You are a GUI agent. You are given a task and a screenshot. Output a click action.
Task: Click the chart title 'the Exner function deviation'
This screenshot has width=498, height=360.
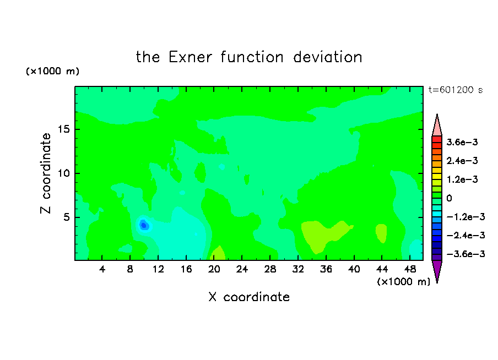[x=249, y=57]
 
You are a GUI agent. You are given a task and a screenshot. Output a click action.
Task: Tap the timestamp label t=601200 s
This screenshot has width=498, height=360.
[x=456, y=90]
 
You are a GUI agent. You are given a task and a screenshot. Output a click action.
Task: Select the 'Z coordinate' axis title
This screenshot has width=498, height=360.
[x=45, y=173]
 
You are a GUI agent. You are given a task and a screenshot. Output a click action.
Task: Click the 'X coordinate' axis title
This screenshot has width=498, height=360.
[x=249, y=297]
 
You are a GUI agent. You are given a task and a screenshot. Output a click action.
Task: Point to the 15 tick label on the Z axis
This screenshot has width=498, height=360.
[x=63, y=129]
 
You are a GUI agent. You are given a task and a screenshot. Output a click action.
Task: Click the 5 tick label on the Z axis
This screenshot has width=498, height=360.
[x=66, y=217]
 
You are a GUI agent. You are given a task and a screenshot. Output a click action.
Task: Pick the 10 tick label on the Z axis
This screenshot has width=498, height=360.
[x=63, y=173]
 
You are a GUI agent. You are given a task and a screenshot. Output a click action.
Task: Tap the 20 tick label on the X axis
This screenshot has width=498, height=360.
[x=214, y=269]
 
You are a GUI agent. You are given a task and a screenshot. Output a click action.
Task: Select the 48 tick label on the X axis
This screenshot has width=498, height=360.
[x=410, y=269]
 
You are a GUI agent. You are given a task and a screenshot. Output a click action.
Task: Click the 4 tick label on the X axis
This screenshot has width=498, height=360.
[x=102, y=269]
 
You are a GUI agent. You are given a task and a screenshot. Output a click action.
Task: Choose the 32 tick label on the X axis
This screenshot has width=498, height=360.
[x=298, y=269]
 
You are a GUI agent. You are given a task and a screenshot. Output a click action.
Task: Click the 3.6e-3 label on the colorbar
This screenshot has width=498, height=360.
[x=462, y=142]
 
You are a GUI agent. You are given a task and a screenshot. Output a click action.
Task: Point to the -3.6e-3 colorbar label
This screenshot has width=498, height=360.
[x=465, y=254]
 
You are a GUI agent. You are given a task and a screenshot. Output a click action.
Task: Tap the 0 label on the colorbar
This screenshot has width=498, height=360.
[x=449, y=198]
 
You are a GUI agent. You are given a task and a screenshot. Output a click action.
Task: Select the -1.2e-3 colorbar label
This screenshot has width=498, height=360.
[x=465, y=217]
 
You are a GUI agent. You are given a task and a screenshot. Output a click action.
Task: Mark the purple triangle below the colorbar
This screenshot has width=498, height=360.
[x=437, y=270]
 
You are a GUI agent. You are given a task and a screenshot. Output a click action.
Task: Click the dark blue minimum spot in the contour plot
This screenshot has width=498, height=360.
[x=144, y=225]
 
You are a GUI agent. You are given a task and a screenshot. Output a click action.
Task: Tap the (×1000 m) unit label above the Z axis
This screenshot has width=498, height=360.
[x=52, y=71]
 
